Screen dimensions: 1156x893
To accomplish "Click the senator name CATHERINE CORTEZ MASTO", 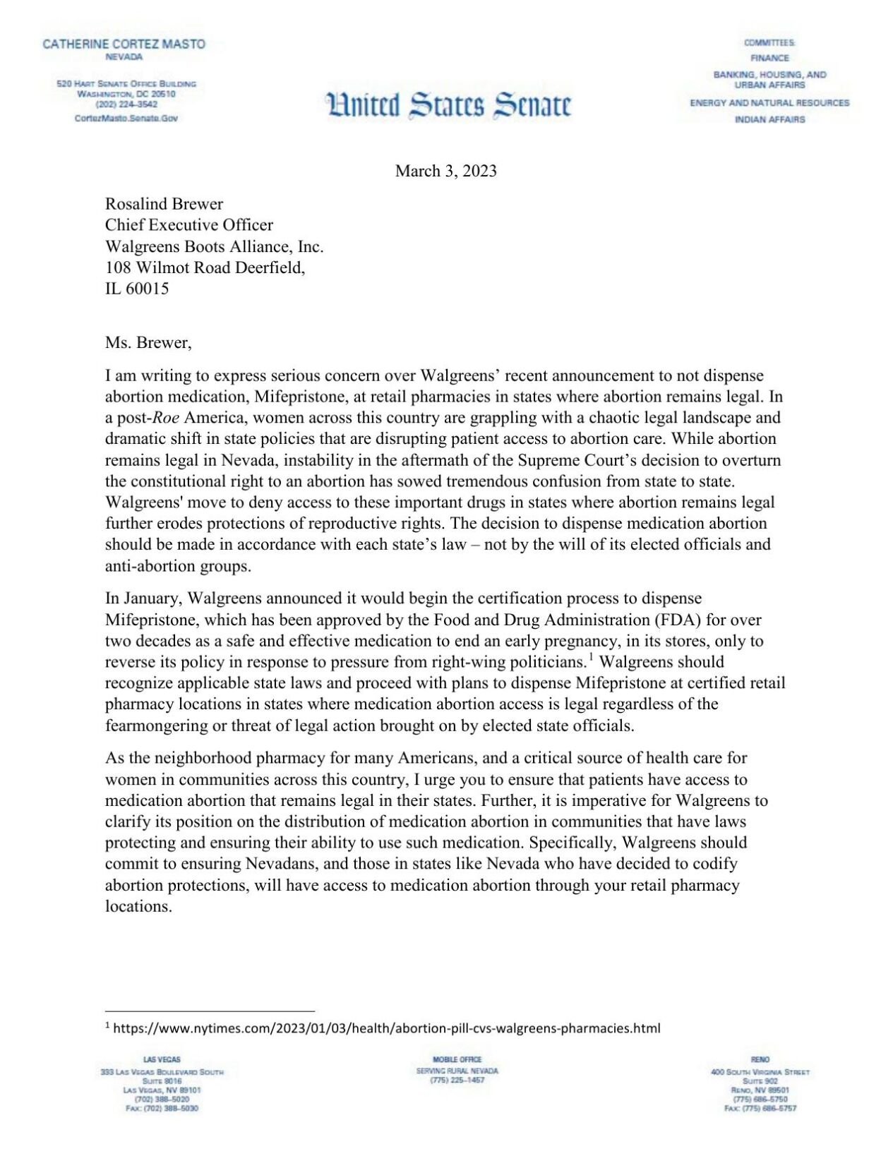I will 124,44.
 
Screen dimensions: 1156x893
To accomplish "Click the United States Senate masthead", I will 448,104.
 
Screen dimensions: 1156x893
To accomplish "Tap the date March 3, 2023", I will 445,171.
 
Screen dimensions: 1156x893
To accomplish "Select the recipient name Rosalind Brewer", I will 164,204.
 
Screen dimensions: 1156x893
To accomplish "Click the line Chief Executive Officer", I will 188,225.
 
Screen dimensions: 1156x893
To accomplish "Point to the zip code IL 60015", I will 137,289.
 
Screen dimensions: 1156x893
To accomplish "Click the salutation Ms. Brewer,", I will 148,343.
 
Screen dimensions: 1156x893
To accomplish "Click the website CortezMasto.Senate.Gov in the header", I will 126,118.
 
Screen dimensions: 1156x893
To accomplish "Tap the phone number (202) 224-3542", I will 126,104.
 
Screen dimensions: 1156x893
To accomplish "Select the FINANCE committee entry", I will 769,58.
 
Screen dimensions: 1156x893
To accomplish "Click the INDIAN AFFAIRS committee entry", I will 769,119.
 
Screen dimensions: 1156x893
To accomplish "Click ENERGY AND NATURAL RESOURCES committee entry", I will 769,103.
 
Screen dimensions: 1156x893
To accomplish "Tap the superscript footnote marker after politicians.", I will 591,658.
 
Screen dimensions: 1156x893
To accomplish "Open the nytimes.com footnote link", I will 386,1028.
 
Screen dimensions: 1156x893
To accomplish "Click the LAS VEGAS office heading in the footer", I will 162,1059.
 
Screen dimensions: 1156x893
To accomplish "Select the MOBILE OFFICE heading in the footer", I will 457,1059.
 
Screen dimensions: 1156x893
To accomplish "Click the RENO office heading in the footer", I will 760,1059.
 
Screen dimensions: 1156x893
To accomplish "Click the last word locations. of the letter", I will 138,906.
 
